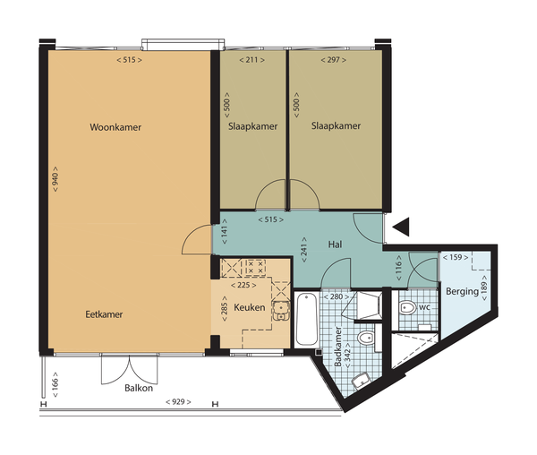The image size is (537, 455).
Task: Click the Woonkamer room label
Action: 115,127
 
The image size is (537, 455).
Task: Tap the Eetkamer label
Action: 104,314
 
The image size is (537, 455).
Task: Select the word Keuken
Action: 250,307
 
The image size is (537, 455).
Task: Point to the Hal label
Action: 335,245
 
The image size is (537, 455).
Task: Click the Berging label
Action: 462,292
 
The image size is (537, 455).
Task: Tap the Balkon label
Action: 139,388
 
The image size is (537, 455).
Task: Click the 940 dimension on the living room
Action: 55,179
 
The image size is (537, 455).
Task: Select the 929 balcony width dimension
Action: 178,401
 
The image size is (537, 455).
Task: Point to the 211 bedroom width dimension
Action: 251,60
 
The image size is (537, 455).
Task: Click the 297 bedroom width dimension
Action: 333,60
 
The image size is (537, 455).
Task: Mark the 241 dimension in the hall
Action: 304,249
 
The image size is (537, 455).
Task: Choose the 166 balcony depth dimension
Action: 55,385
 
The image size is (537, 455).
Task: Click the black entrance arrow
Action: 401,227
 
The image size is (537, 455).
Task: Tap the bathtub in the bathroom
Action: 306,320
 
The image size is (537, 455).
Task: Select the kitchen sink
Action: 281,311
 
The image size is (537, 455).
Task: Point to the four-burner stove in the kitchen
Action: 255,268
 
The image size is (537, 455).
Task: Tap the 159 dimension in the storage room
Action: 456,257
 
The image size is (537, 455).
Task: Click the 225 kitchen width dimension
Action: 243,285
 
